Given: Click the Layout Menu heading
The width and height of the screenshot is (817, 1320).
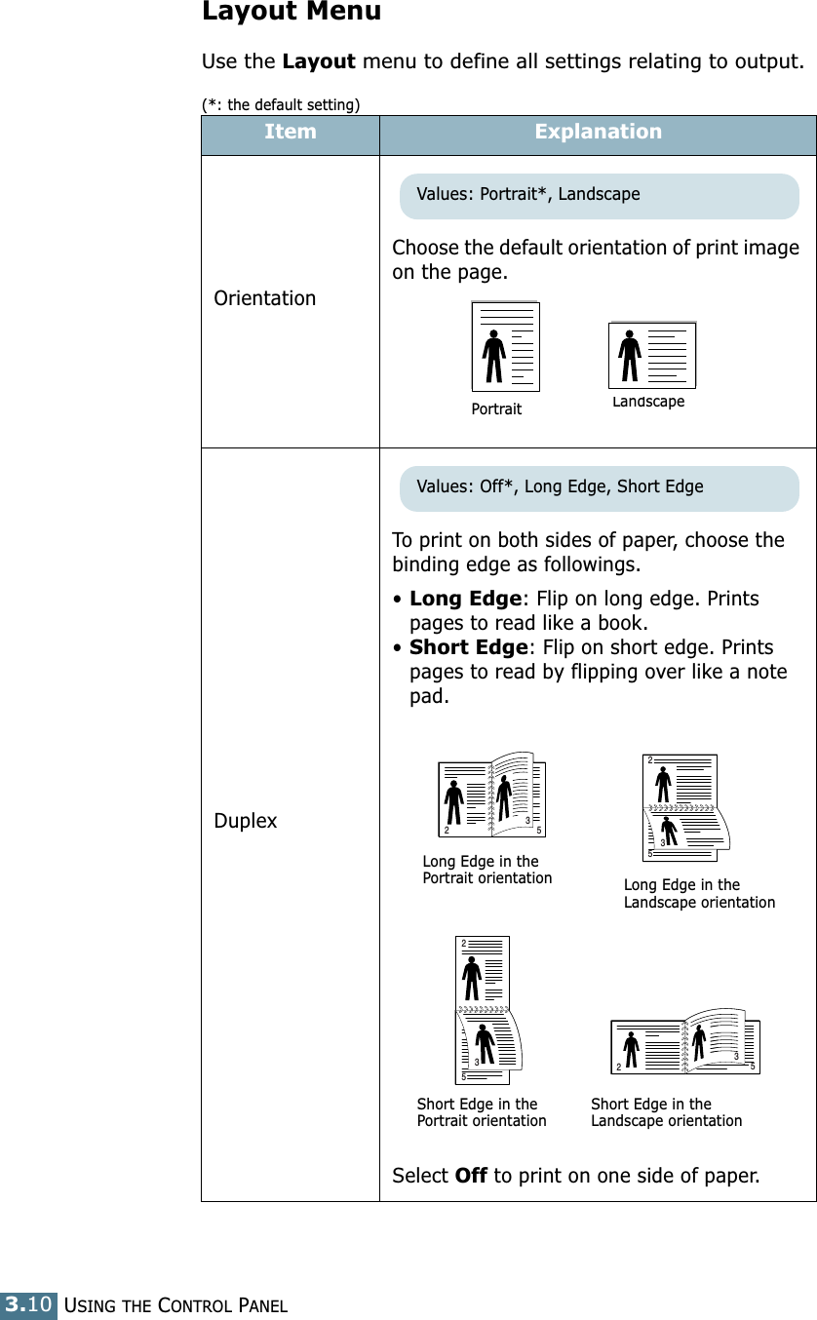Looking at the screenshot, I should pyautogui.click(x=291, y=13).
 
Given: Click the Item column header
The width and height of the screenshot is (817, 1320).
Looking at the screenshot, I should pyautogui.click(x=290, y=132).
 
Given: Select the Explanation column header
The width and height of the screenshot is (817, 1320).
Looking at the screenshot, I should pyautogui.click(x=598, y=132).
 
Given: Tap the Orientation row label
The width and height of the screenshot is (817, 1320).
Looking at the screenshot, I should pyautogui.click(x=265, y=298).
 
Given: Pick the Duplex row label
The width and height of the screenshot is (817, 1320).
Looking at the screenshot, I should pyautogui.click(x=246, y=821).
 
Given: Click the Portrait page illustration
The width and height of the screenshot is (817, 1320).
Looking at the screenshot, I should pyautogui.click(x=505, y=346).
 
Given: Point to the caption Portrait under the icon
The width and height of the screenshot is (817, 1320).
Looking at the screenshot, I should pyautogui.click(x=496, y=409).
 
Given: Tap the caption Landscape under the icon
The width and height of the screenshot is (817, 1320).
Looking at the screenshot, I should pyautogui.click(x=648, y=402).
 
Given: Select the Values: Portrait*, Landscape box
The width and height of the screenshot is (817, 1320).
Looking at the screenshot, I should pyautogui.click(x=599, y=195).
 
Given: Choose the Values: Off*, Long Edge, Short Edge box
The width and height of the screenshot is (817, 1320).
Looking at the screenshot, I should pyautogui.click(x=599, y=487).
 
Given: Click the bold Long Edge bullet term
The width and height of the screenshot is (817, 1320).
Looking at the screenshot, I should pyautogui.click(x=465, y=599).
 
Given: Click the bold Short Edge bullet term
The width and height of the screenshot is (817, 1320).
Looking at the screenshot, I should pyautogui.click(x=468, y=647).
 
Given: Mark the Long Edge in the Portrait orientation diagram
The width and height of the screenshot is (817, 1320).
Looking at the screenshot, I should pyautogui.click(x=492, y=796).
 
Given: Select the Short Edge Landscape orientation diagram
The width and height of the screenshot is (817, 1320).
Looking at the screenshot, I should pyautogui.click(x=684, y=1041).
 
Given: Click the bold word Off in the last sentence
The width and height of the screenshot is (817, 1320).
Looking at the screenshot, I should pyautogui.click(x=471, y=1176).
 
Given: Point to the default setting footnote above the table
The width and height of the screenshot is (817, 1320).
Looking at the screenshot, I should pyautogui.click(x=281, y=104).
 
